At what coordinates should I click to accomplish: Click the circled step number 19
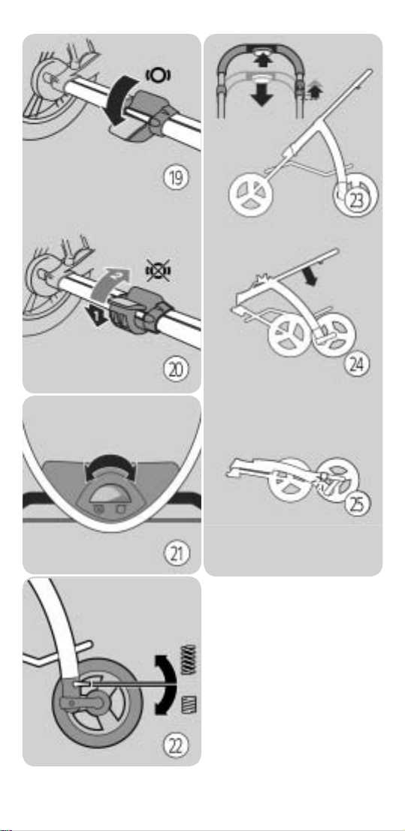click(175, 178)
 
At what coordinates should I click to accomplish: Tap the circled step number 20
click(175, 369)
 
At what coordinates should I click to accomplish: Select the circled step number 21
click(175, 554)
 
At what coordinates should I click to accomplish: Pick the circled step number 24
click(357, 365)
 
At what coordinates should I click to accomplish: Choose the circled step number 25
click(357, 505)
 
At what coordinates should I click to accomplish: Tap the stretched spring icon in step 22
click(189, 660)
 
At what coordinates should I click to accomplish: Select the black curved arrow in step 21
click(111, 459)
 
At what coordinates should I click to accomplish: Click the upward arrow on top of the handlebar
click(261, 59)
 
